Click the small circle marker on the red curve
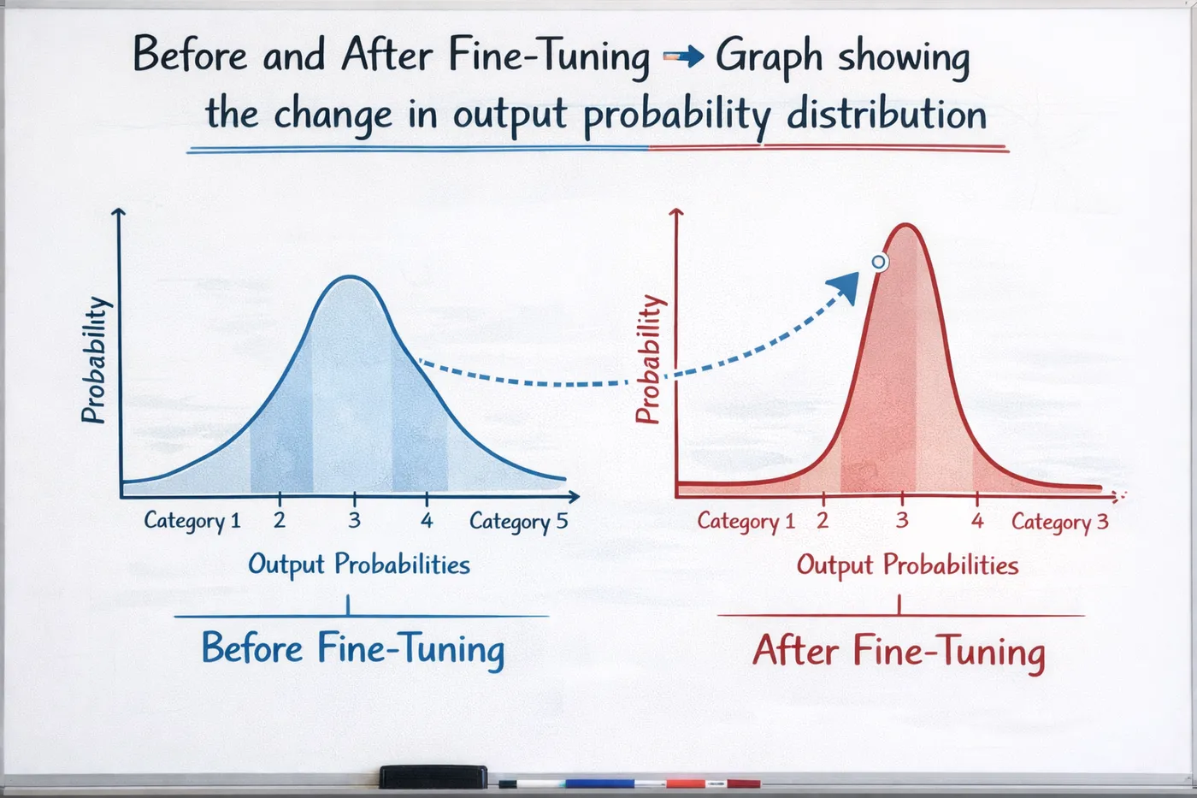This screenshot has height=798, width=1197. (879, 262)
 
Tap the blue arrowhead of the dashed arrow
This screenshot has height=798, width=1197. (846, 287)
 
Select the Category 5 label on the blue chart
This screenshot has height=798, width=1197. (518, 522)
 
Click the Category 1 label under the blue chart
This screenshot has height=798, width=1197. (192, 521)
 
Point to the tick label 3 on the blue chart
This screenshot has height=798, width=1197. (354, 519)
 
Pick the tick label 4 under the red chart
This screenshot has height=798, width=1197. (977, 519)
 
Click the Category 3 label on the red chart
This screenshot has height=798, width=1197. (1060, 523)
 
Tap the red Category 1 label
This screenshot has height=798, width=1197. (746, 521)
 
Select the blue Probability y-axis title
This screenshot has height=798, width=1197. (96, 360)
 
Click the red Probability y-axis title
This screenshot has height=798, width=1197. (652, 359)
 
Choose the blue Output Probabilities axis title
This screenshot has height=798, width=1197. (359, 565)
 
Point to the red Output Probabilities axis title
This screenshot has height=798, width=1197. (907, 565)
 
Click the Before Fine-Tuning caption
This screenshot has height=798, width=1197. (352, 649)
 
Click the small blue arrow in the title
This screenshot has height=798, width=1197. (683, 56)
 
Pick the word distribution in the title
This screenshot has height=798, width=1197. (887, 114)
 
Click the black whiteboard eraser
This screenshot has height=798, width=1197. (433, 777)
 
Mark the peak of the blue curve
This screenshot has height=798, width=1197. (351, 277)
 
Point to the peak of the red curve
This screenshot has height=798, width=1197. (905, 225)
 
